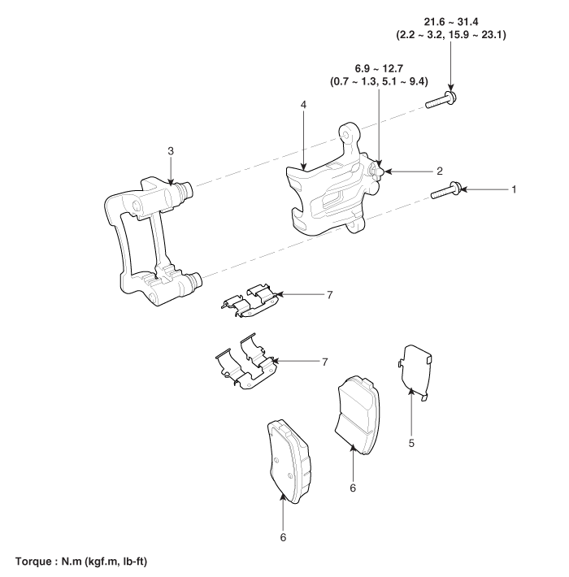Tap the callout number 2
point(439,171)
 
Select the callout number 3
point(170,151)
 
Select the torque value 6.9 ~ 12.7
point(380,70)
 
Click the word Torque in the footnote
point(34,562)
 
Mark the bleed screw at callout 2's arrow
point(379,170)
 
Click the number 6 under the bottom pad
point(283,536)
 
